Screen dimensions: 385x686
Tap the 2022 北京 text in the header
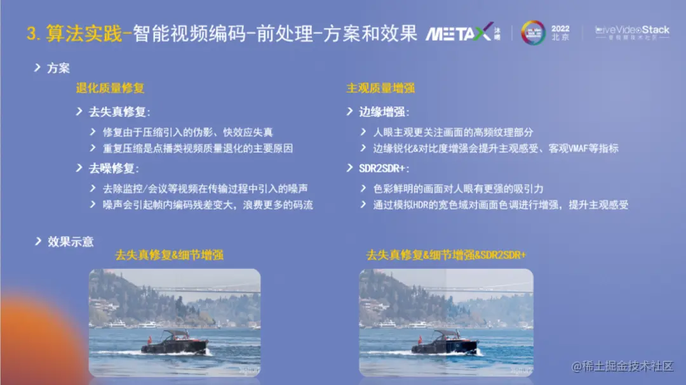point(560,33)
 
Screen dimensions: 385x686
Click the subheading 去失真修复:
point(119,112)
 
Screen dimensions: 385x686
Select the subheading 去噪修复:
point(114,169)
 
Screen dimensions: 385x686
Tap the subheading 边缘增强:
point(384,112)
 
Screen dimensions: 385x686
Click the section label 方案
point(58,68)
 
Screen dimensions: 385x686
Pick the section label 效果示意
point(70,242)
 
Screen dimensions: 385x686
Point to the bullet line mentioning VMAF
point(495,148)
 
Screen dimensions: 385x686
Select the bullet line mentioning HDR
point(501,205)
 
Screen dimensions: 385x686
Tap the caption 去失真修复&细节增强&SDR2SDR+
point(447,256)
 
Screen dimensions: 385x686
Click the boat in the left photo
point(174,343)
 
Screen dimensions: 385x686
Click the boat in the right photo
point(444,343)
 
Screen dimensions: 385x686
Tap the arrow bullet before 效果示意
point(37,241)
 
